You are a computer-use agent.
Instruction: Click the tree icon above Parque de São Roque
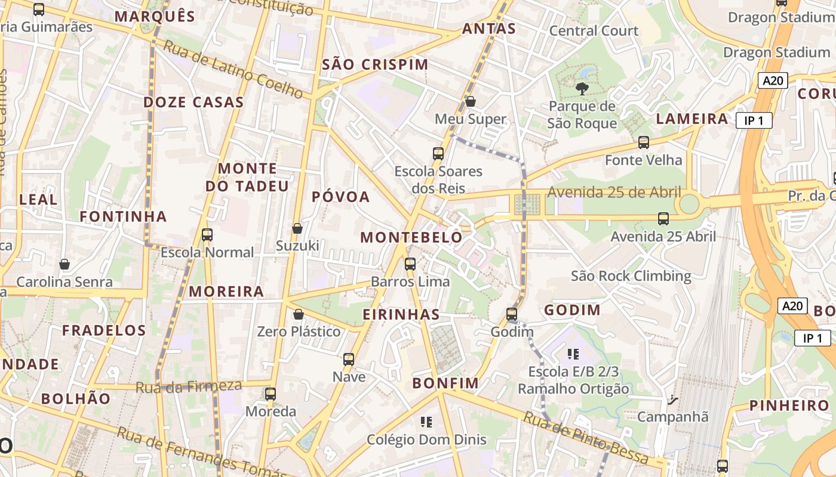coord(581,89)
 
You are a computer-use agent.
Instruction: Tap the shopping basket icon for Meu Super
coord(471,101)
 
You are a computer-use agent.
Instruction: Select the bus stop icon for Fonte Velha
coord(644,142)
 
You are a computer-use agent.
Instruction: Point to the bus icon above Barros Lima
coord(410,264)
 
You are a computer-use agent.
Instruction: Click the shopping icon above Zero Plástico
coord(298,314)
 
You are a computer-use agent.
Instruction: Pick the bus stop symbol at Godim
coord(512,314)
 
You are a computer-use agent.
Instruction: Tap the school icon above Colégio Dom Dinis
coord(426,422)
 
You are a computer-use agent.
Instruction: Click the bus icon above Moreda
coord(271,394)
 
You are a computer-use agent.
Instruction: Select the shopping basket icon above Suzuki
coord(297,228)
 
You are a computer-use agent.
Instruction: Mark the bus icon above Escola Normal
coord(207,234)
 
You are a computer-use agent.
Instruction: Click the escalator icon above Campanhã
coord(673,399)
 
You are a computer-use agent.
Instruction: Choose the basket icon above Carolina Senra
coord(64,264)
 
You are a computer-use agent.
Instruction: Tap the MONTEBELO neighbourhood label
coord(411,237)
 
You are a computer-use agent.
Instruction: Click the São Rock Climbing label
coord(631,276)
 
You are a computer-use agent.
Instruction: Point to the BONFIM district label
coord(445,383)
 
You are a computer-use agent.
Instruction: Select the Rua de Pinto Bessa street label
coord(586,438)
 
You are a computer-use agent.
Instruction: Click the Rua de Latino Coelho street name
coord(233,69)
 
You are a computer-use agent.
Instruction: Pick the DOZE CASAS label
coord(193,102)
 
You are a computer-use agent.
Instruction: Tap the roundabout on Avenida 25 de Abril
coord(689,204)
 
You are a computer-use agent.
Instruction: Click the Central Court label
coord(594,30)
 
